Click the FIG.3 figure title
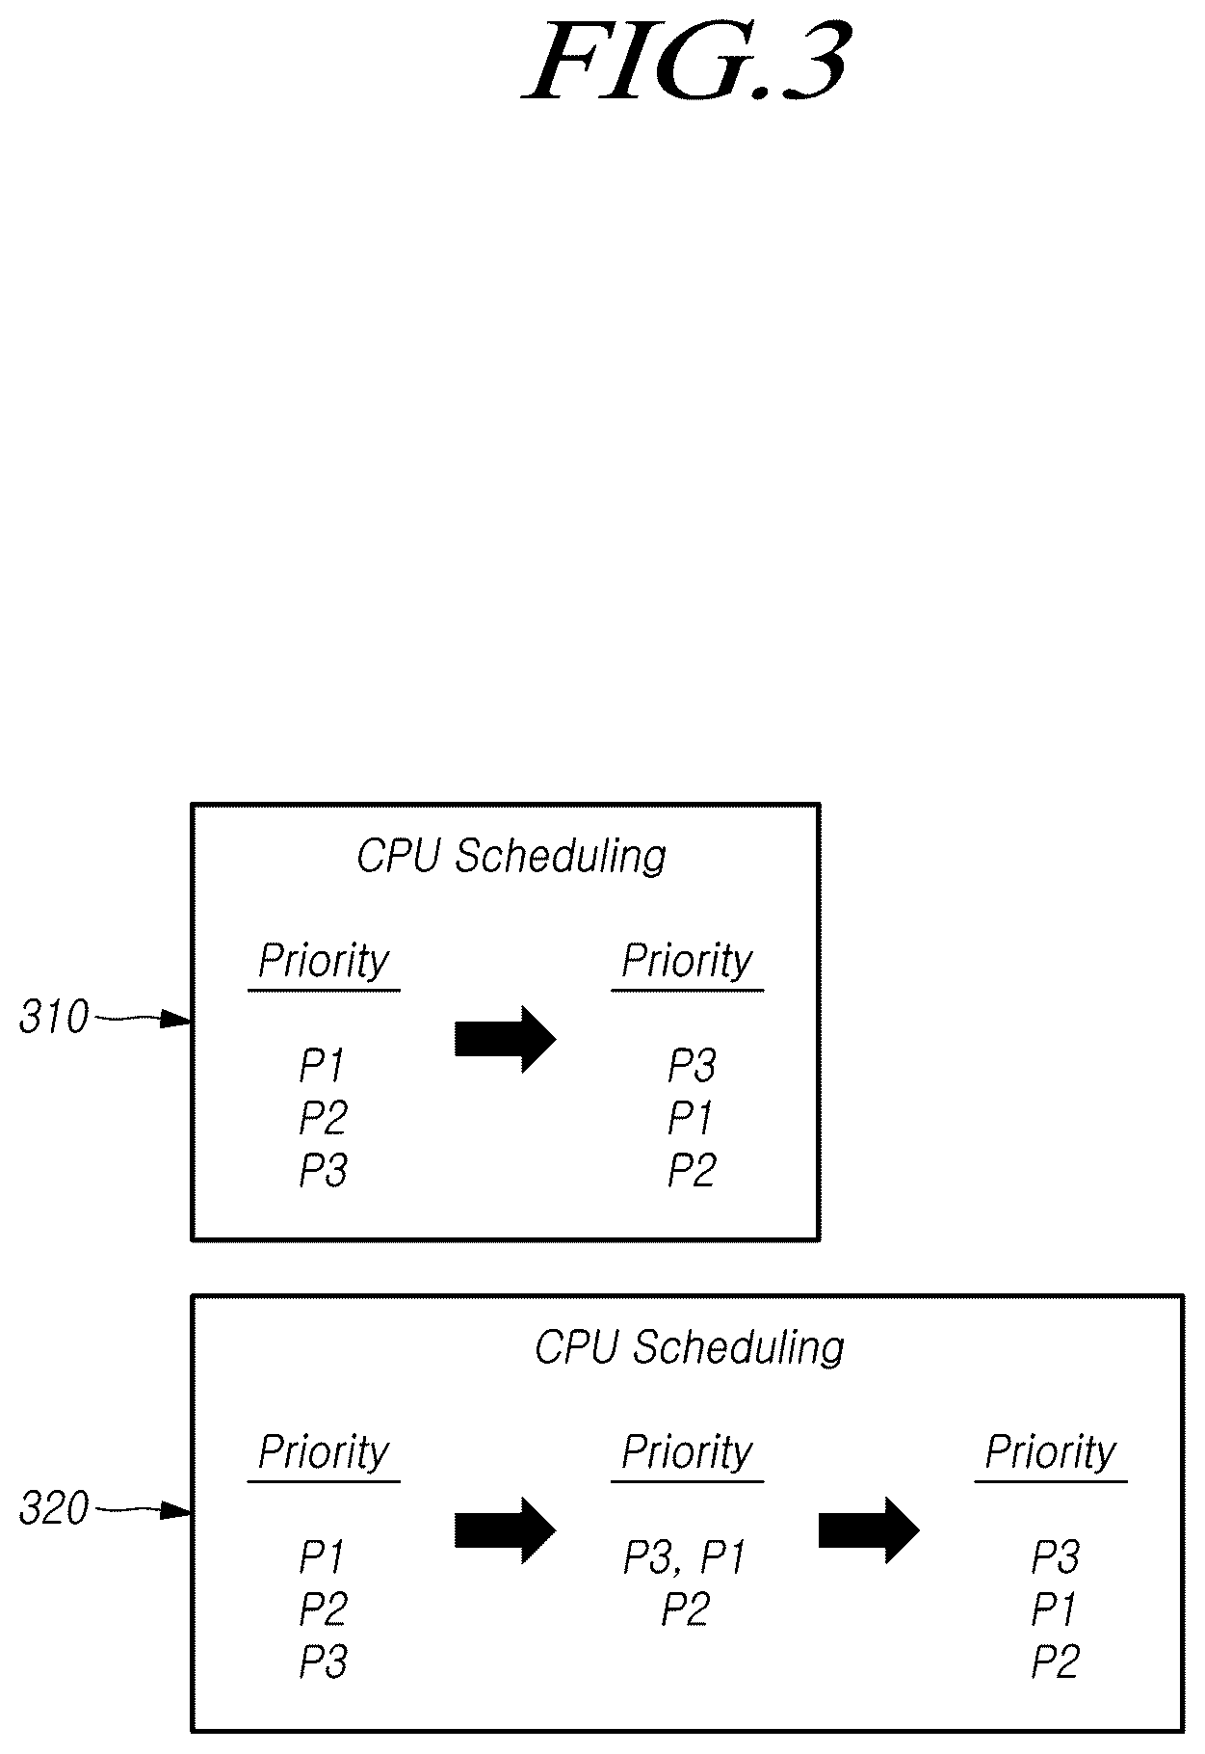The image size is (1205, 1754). (686, 63)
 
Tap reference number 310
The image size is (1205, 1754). (54, 1018)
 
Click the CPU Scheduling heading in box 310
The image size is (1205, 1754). (511, 857)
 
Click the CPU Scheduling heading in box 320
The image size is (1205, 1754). (689, 1347)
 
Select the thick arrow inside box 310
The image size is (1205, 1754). (506, 1039)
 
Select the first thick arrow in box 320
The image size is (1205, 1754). (506, 1529)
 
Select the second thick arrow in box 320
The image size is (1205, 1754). (869, 1529)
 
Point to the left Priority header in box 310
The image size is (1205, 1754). (324, 962)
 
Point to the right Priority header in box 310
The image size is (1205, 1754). (687, 962)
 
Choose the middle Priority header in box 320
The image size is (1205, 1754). (687, 1453)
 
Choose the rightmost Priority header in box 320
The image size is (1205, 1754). (1051, 1453)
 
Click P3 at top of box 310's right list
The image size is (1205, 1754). (692, 1065)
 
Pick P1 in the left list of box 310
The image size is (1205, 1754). (322, 1065)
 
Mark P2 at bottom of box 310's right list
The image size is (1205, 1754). (692, 1170)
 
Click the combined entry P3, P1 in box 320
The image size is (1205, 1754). (685, 1557)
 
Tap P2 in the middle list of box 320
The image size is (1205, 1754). (686, 1609)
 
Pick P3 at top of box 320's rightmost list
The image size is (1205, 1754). (1056, 1556)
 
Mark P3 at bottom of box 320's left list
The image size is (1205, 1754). (324, 1661)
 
